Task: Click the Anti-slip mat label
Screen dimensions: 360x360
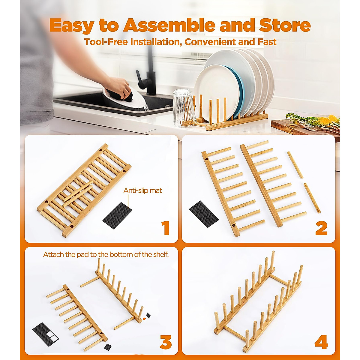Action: (142, 190)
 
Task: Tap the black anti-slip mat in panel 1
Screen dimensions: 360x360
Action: (117, 216)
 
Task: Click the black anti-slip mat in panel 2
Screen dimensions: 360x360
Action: (204, 214)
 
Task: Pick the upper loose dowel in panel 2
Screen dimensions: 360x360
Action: (295, 165)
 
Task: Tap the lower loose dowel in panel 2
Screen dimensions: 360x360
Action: (312, 198)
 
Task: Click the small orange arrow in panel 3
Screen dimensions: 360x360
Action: (144, 319)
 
